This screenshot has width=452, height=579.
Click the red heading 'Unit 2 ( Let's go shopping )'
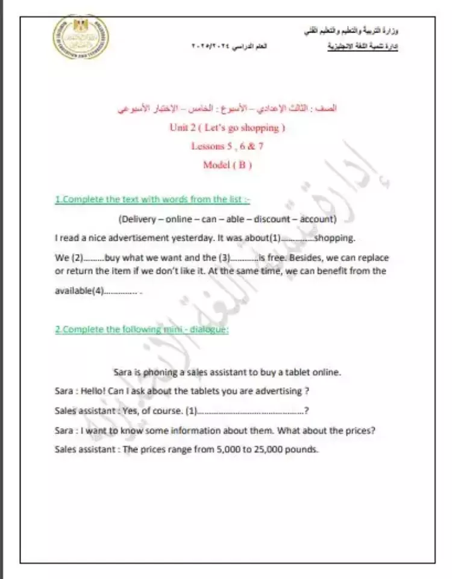[x=227, y=128]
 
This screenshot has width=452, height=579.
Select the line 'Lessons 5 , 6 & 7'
[x=227, y=146]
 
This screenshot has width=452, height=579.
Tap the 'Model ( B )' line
[x=227, y=164]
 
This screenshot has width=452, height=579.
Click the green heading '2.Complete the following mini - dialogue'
[x=142, y=329]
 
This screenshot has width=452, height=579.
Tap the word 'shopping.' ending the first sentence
[x=334, y=238]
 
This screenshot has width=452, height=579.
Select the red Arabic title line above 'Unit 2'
[x=227, y=110]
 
